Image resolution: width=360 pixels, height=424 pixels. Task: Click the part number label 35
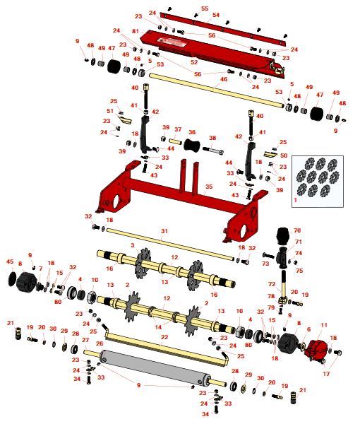pyautogui.click(x=209, y=187)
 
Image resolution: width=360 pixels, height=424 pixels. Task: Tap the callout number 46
pyautogui.click(x=224, y=79)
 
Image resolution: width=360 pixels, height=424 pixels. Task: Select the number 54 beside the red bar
pyautogui.click(x=216, y=15)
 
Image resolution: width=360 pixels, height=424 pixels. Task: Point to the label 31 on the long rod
pyautogui.click(x=164, y=231)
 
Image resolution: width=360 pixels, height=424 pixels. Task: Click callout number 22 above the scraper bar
pyautogui.click(x=164, y=337)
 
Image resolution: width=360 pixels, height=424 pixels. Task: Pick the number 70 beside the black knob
pyautogui.click(x=297, y=230)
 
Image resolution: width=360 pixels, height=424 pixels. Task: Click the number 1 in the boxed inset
pyautogui.click(x=296, y=200)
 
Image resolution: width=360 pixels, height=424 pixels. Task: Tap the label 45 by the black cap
pyautogui.click(x=10, y=261)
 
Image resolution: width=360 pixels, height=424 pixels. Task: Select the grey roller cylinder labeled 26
pyautogui.click(x=155, y=367)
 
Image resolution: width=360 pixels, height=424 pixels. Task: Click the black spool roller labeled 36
pyautogui.click(x=192, y=145)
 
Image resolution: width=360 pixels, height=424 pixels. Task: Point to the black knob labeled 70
pyautogui.click(x=283, y=235)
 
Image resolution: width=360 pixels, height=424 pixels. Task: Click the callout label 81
pyautogui.click(x=136, y=31)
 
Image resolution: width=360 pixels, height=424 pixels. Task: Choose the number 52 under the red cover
pyautogui.click(x=194, y=62)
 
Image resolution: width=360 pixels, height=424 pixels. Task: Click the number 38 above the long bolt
pyautogui.click(x=212, y=138)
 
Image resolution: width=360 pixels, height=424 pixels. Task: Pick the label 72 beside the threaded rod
pyautogui.click(x=272, y=284)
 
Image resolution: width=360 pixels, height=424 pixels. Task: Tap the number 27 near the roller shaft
pyautogui.click(x=85, y=340)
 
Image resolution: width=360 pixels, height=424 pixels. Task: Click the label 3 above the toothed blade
pyautogui.click(x=132, y=245)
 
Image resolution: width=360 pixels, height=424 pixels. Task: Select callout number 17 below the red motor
pyautogui.click(x=326, y=374)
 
